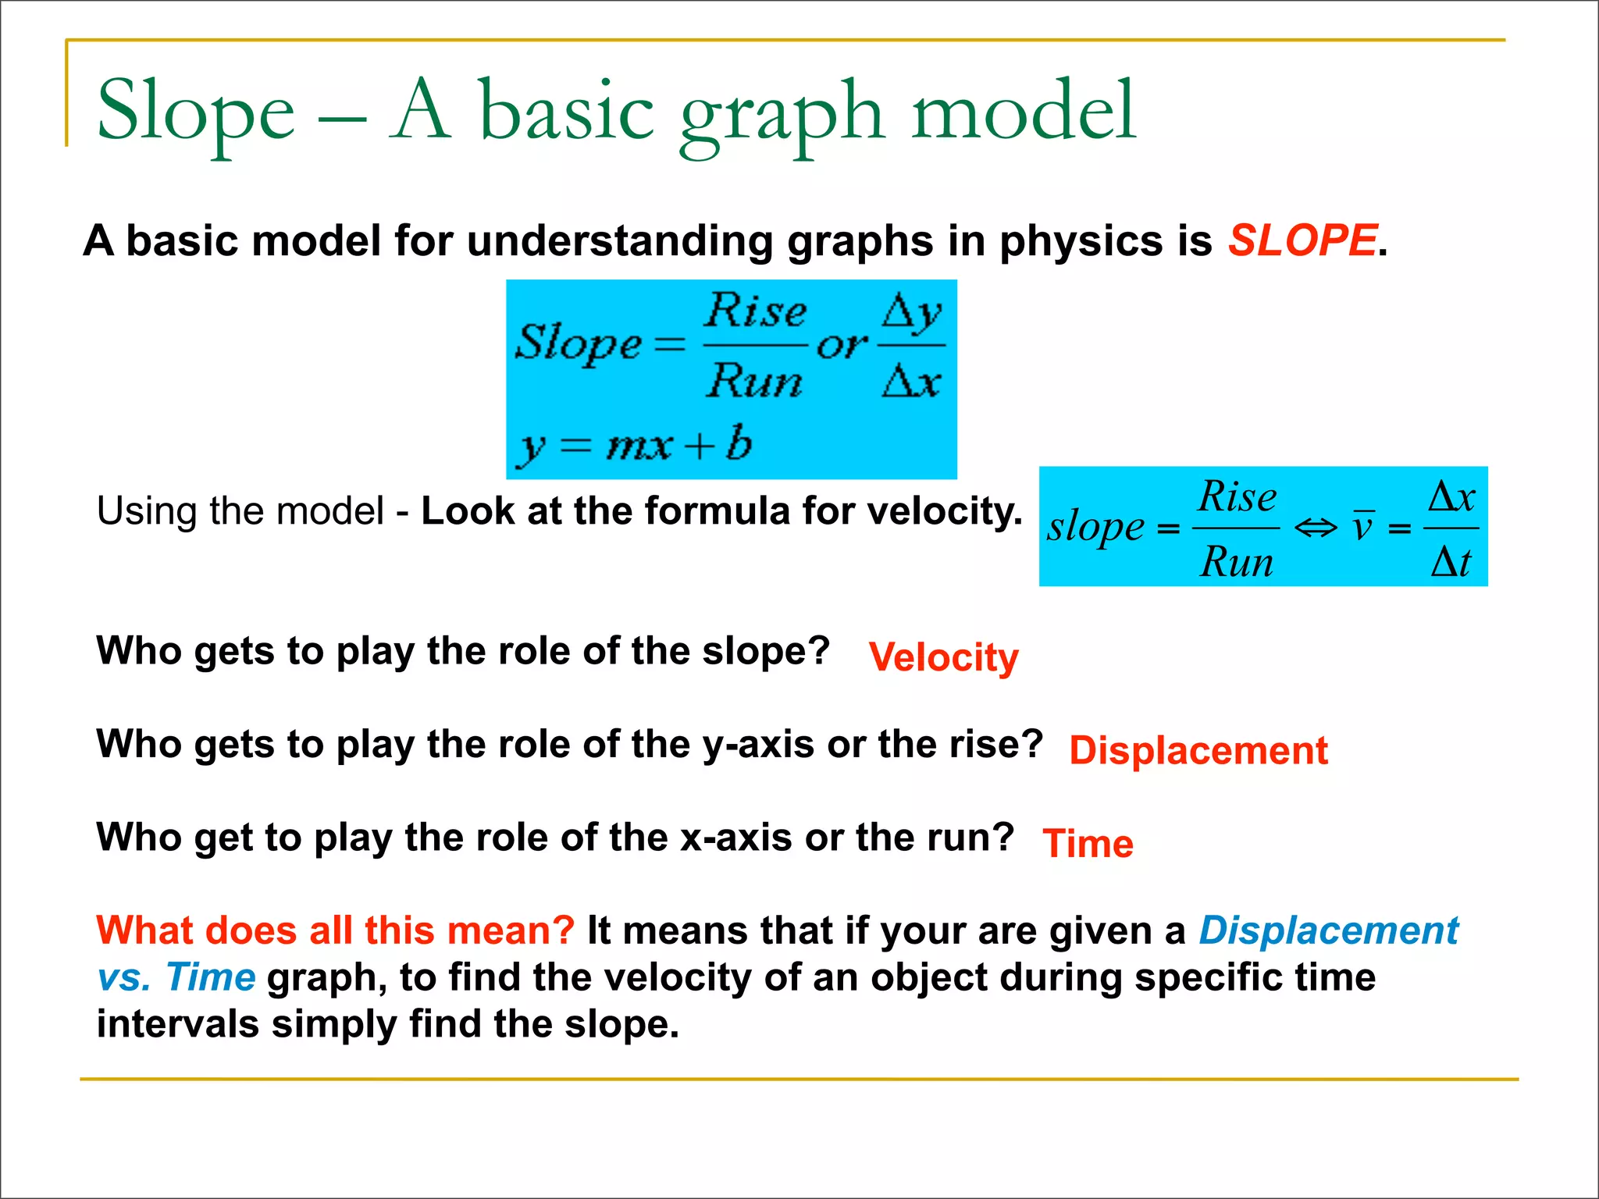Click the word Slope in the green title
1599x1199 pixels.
click(196, 112)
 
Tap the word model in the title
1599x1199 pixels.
click(1024, 112)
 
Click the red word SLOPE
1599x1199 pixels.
click(1302, 240)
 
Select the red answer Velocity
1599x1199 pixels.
click(943, 657)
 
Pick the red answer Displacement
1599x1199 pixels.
click(1198, 751)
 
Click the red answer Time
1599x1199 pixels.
click(1088, 844)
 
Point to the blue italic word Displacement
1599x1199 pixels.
click(1328, 930)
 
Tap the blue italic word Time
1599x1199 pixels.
click(211, 977)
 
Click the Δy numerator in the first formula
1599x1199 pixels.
click(911, 314)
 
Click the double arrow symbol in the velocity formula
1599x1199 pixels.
click(1316, 528)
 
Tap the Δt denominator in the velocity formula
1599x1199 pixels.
click(1450, 562)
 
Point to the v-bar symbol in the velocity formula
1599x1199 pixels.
click(1362, 526)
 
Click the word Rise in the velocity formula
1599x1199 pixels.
click(1238, 497)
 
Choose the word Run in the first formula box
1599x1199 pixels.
click(754, 381)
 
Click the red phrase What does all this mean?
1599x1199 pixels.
click(335, 930)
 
